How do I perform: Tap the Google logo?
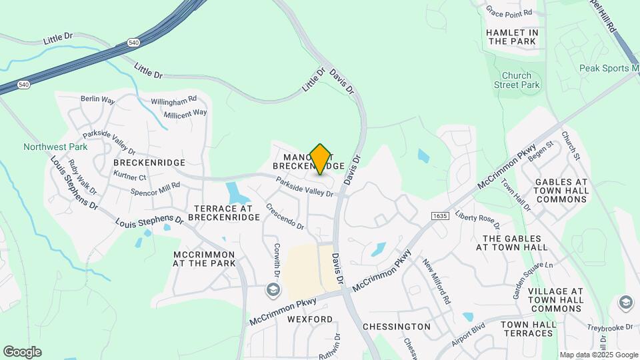(22, 351)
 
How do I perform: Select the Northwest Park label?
(46, 147)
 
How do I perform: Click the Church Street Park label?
(517, 80)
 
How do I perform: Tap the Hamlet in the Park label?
(512, 37)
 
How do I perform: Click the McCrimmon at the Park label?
(204, 259)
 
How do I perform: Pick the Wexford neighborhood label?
(310, 319)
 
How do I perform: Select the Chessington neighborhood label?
(397, 327)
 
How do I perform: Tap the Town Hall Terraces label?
(529, 328)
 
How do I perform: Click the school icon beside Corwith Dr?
(273, 290)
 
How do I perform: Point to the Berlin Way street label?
(98, 99)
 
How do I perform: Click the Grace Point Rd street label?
(510, 13)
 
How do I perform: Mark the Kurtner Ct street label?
(129, 177)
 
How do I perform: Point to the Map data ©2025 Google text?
(599, 355)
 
